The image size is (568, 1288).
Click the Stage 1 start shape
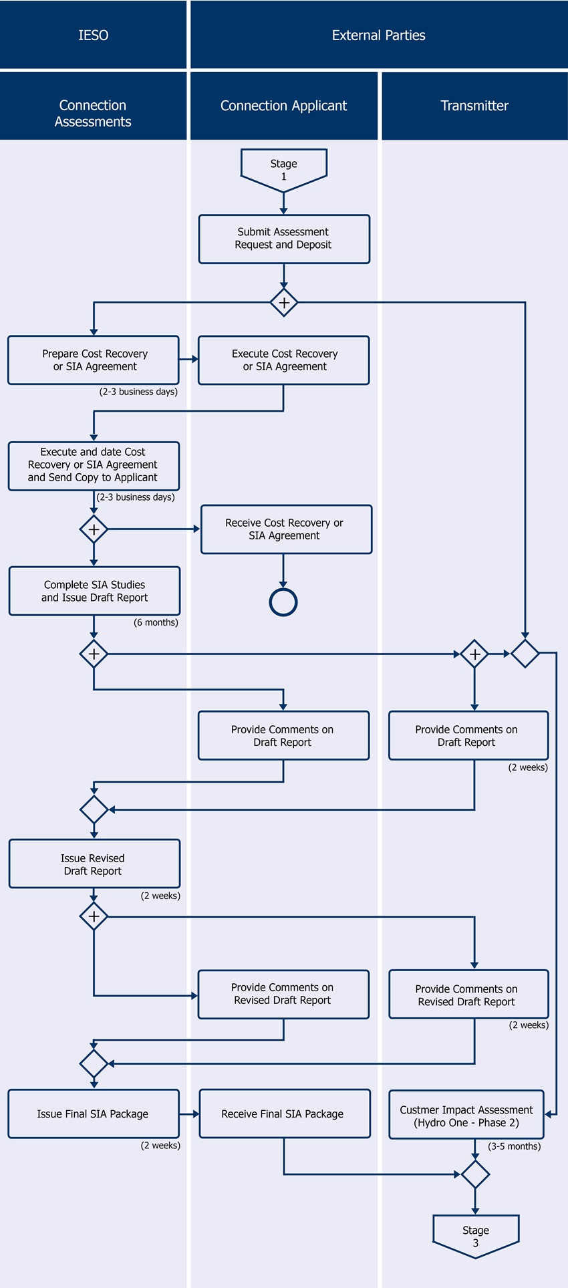pos(283,169)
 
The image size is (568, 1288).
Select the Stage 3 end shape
pos(475,1235)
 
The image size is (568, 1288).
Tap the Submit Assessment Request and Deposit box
pos(283,239)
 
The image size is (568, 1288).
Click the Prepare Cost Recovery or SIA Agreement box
pos(94,360)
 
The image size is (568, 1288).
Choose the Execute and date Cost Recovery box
pos(94,465)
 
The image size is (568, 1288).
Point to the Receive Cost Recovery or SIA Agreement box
pos(286,529)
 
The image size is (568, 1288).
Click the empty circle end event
pos(283,602)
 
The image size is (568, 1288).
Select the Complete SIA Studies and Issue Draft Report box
pos(94,591)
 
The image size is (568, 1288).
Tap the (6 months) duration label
pos(156,622)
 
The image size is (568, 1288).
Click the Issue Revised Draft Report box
pos(94,864)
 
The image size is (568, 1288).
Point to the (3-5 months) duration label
pos(514,1146)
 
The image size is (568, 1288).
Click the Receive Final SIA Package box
pos(285,1114)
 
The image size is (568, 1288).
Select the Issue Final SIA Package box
pos(94,1114)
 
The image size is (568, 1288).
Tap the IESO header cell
pos(93,35)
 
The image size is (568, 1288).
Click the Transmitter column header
pos(474,106)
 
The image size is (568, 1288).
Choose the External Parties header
pos(378,35)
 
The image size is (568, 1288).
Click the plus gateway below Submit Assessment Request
pos(284,303)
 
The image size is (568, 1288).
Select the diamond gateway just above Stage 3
pos(475,1174)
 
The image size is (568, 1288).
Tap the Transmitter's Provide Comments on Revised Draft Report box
pos(468,995)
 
